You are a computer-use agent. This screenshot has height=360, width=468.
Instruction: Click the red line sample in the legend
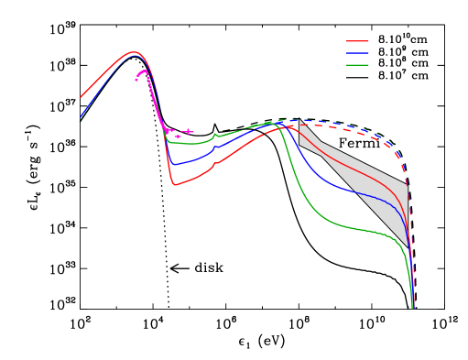point(357,41)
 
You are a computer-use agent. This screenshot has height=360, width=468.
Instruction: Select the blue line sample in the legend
point(357,53)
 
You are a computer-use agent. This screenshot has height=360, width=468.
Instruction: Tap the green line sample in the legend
point(357,65)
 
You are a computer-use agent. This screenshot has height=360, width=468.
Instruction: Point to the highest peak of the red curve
point(134,52)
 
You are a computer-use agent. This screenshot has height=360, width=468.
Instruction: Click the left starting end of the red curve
point(80,98)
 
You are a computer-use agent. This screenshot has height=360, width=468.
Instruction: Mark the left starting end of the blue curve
point(80,119)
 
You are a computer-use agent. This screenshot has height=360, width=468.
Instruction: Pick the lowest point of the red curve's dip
point(174,185)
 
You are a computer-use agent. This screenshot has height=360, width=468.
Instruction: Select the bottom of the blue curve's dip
point(173,165)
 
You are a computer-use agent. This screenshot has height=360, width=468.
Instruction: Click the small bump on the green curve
point(215,135)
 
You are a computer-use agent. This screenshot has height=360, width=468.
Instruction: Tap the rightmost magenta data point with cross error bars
point(189,132)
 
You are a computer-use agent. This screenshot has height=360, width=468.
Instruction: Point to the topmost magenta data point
point(143,71)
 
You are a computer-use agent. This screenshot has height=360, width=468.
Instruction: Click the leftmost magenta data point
point(136,80)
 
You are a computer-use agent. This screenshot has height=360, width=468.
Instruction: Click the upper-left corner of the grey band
point(300,120)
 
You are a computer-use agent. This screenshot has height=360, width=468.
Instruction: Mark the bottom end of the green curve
point(412,308)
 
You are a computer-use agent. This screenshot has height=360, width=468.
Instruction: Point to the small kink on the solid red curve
point(213,166)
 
